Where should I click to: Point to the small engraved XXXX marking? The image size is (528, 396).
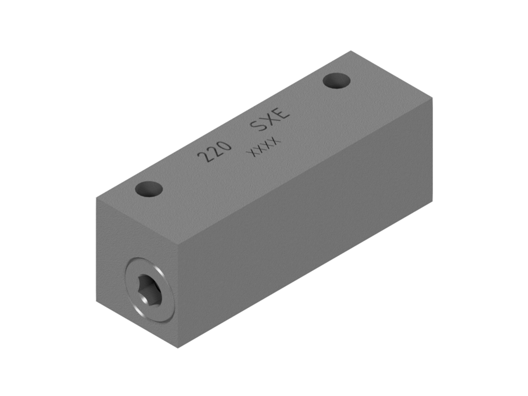coord(263,147)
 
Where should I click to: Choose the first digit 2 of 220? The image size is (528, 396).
coord(203,157)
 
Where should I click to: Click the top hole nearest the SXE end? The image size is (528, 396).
coord(336,81)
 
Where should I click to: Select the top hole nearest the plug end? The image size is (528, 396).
coord(148,189)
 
